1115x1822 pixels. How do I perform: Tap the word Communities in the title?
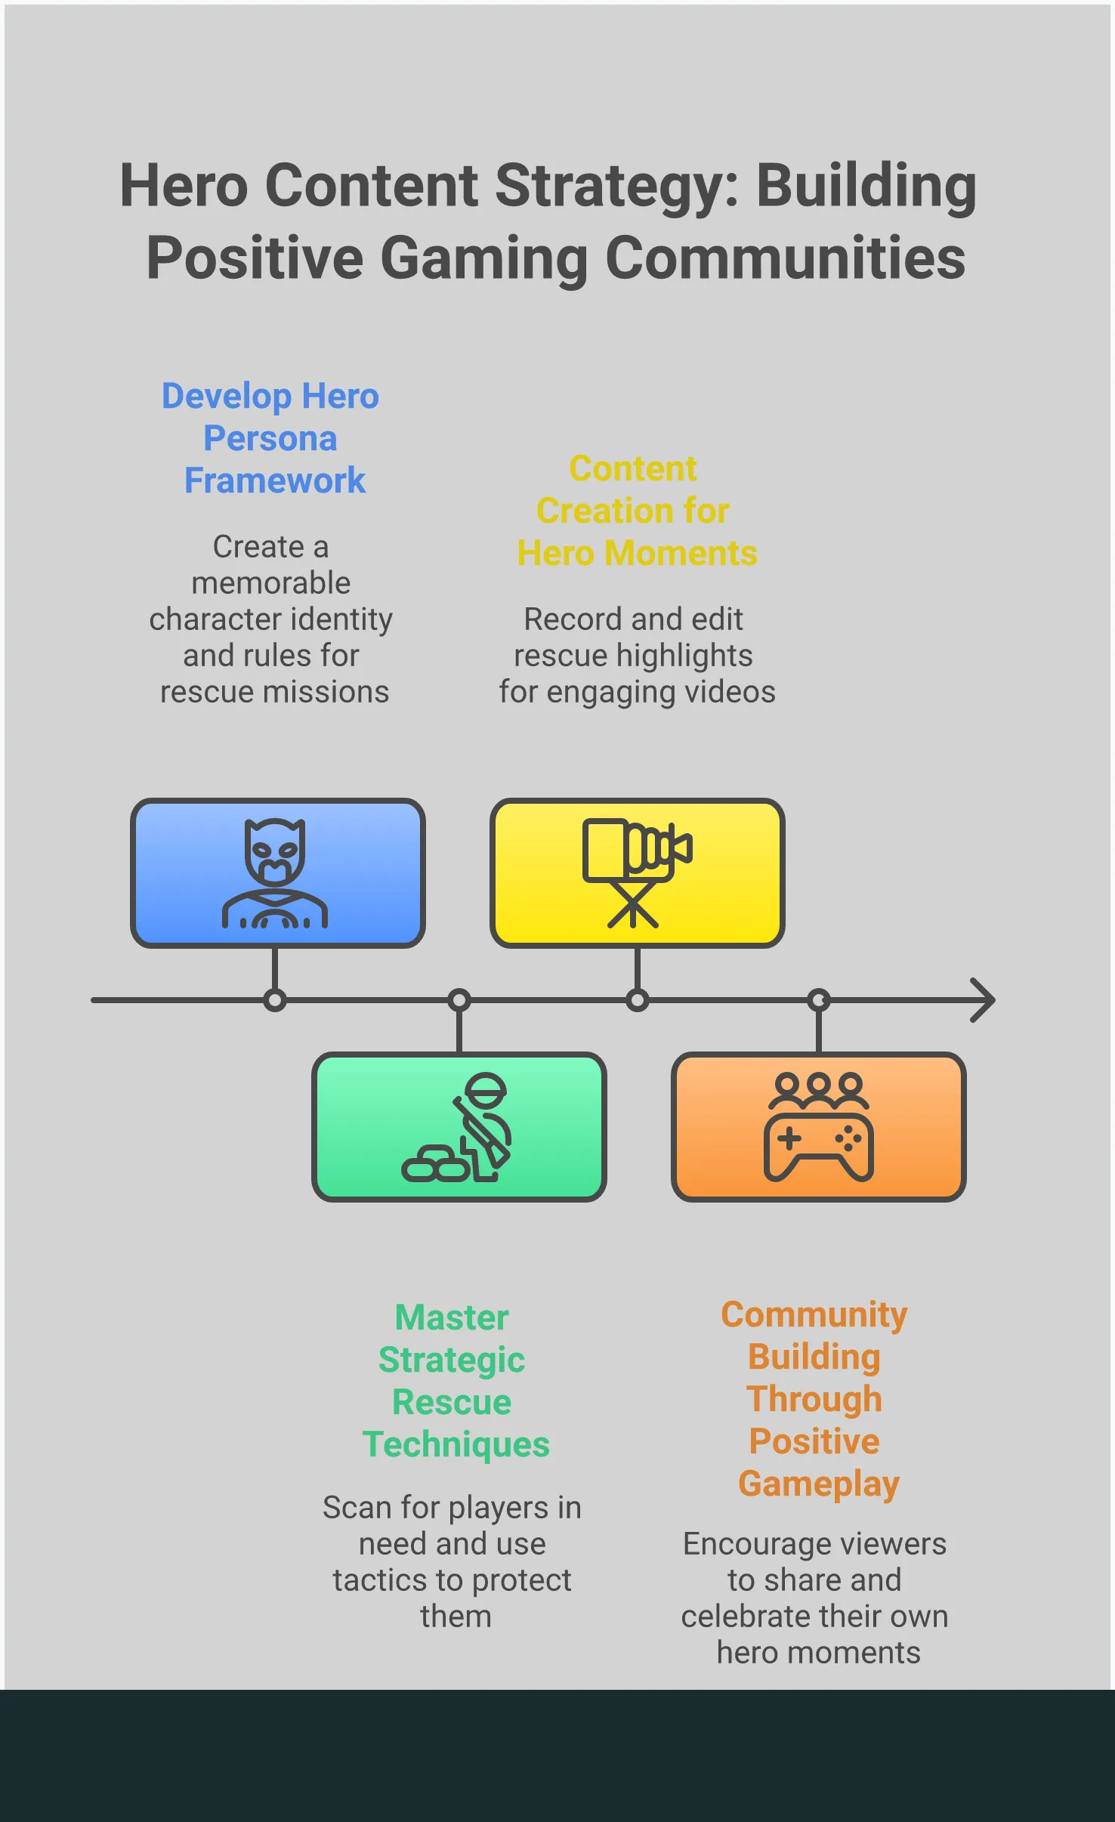[786, 258]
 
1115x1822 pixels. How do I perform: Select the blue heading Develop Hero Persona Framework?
[271, 438]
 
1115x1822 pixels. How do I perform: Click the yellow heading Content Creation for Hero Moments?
[637, 511]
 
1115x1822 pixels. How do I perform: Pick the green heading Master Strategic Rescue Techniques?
[456, 1381]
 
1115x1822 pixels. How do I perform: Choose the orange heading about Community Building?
[815, 1399]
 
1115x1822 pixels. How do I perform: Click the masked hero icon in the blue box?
[275, 873]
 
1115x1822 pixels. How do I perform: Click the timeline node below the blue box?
[275, 1000]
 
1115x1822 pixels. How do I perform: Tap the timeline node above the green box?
[459, 1000]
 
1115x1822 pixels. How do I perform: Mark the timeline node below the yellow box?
[638, 1000]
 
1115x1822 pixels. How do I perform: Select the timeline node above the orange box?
[819, 1000]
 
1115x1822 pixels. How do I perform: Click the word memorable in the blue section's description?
[271, 582]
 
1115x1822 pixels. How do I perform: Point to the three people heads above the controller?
[819, 1090]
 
